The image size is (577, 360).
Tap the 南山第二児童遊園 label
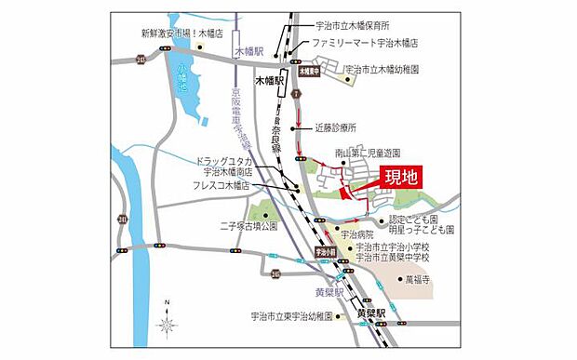pos(368,152)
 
